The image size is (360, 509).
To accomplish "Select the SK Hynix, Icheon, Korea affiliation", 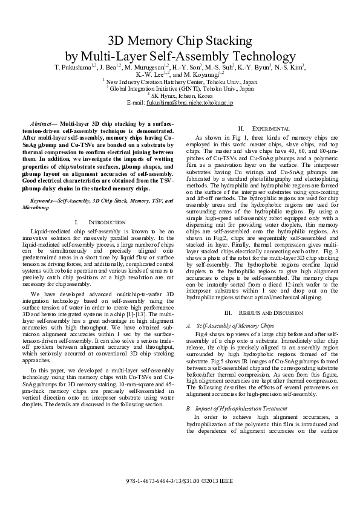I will [x=181, y=96].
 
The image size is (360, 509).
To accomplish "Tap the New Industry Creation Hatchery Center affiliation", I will [x=180, y=81].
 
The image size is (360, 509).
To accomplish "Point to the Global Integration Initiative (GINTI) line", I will [x=181, y=88].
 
